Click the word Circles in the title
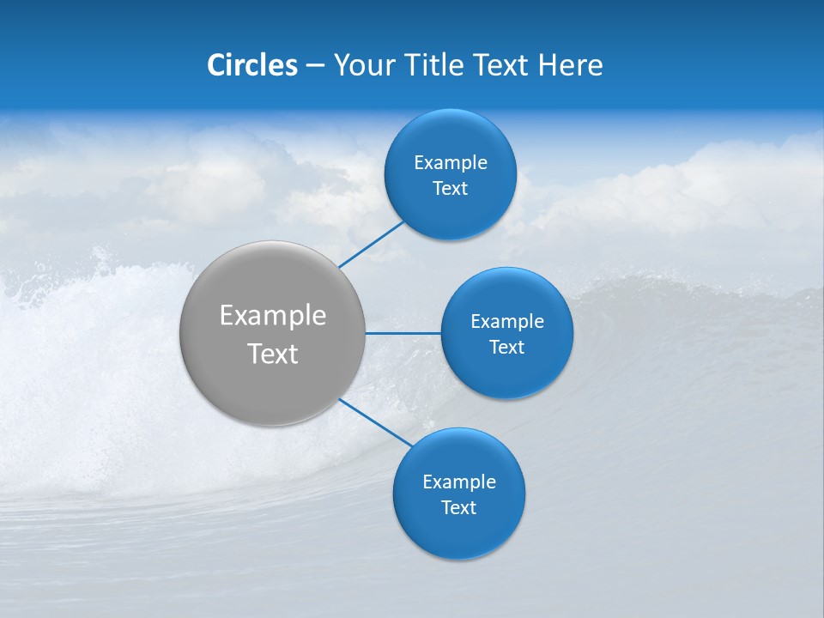251,65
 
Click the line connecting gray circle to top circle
372,244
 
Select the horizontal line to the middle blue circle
403,332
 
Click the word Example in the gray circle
272,316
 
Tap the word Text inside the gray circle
272,354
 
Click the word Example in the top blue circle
450,163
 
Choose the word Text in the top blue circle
450,189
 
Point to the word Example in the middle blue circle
506,322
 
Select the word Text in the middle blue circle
506,348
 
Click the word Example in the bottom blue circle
458,482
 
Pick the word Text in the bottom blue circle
458,508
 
